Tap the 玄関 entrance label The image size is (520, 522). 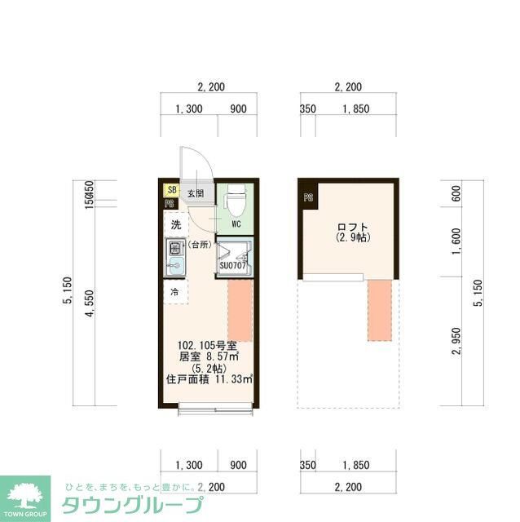pyautogui.click(x=195, y=193)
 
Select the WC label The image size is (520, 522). pyautogui.click(x=236, y=222)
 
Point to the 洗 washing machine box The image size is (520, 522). pyautogui.click(x=176, y=224)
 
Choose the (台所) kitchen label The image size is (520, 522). pyautogui.click(x=200, y=245)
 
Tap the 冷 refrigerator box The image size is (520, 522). pyautogui.click(x=174, y=291)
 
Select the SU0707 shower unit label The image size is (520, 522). pyautogui.click(x=233, y=265)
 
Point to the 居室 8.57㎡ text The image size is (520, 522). pyautogui.click(x=209, y=356)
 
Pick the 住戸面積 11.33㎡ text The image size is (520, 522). pyautogui.click(x=209, y=378)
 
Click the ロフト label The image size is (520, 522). pyautogui.click(x=353, y=227)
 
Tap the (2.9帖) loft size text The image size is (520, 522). pyautogui.click(x=353, y=238)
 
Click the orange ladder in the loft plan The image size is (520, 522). pyautogui.click(x=378, y=310)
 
